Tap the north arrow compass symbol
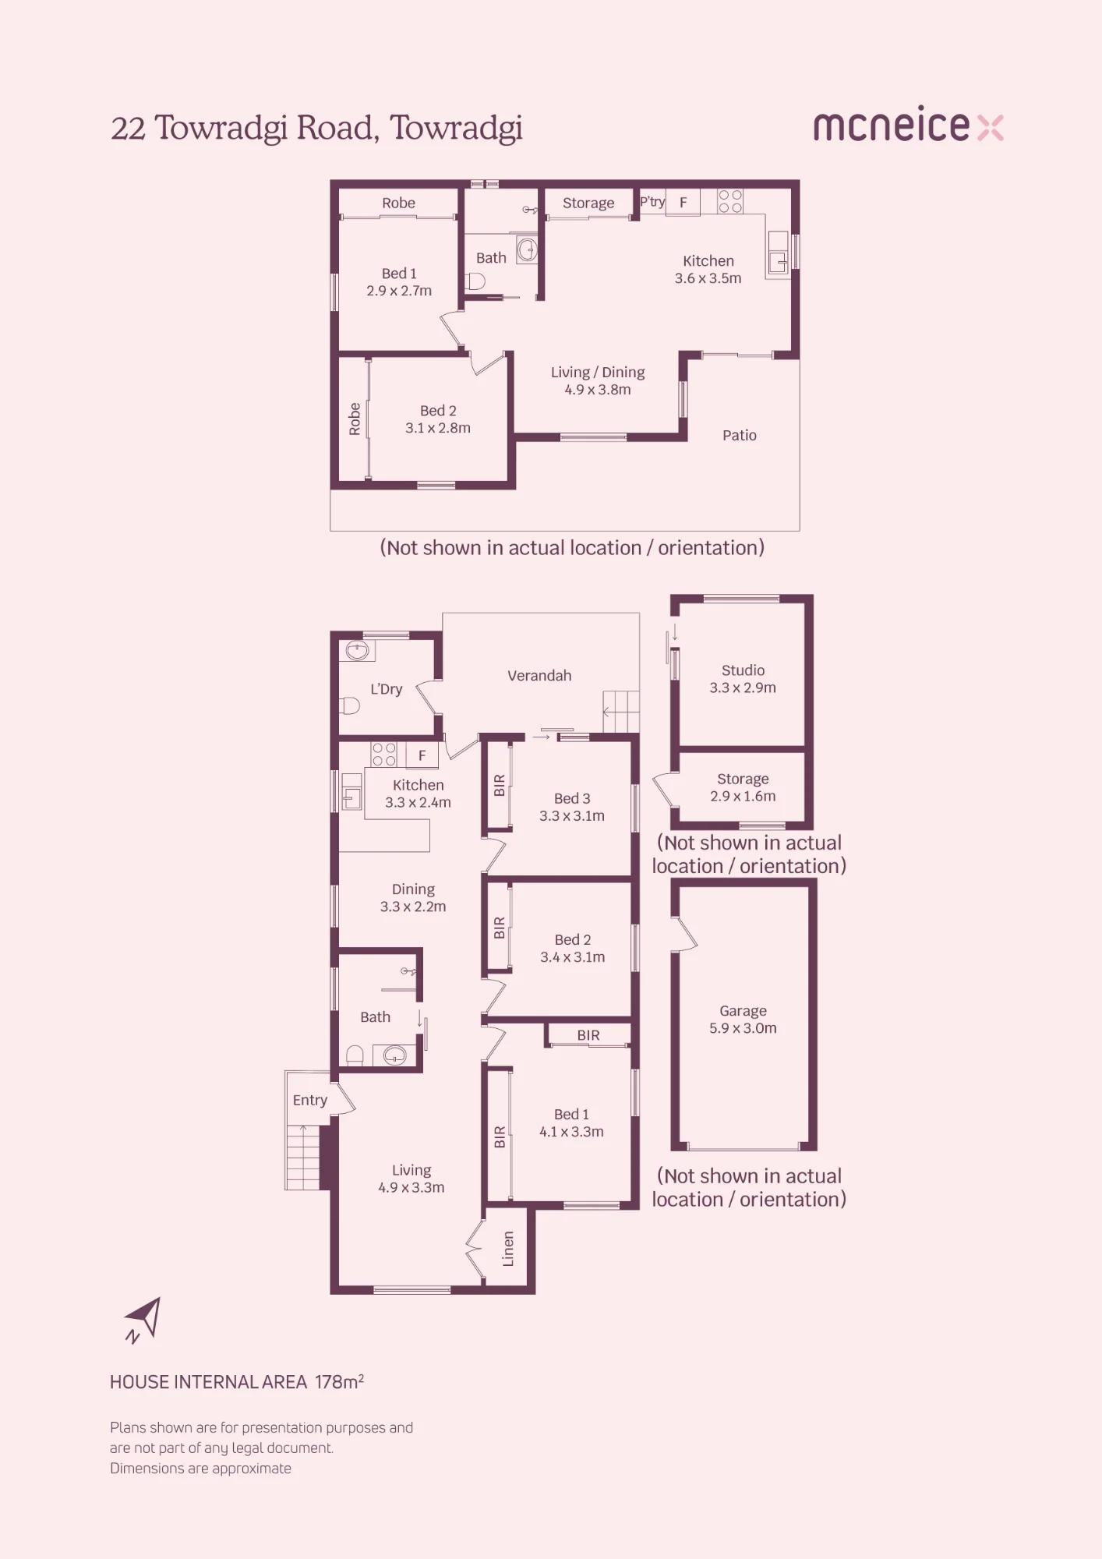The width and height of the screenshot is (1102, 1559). [x=144, y=1320]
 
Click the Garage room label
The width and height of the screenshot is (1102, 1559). [x=743, y=1011]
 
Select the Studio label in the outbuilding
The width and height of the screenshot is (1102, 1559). [x=743, y=670]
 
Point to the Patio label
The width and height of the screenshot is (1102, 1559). [x=739, y=435]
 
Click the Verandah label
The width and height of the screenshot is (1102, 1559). [x=539, y=676]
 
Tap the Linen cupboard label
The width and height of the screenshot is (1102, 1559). [x=508, y=1248]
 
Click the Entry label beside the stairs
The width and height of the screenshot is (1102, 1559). [x=309, y=1100]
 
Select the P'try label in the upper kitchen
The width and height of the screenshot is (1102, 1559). [x=652, y=202]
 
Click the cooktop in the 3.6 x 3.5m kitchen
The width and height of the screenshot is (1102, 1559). [x=730, y=201]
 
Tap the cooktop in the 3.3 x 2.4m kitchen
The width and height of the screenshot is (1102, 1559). [x=383, y=754]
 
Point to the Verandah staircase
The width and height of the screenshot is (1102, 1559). [x=621, y=712]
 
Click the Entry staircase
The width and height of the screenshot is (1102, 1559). [x=303, y=1157]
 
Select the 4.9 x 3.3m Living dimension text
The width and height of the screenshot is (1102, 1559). [x=411, y=1187]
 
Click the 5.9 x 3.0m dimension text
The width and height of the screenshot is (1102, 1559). [x=743, y=1028]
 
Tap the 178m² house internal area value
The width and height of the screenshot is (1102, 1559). [x=340, y=1381]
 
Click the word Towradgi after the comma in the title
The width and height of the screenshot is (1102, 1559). [x=456, y=129]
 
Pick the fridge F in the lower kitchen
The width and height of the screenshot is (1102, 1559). [x=422, y=755]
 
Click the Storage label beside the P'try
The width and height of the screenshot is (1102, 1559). [x=588, y=203]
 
